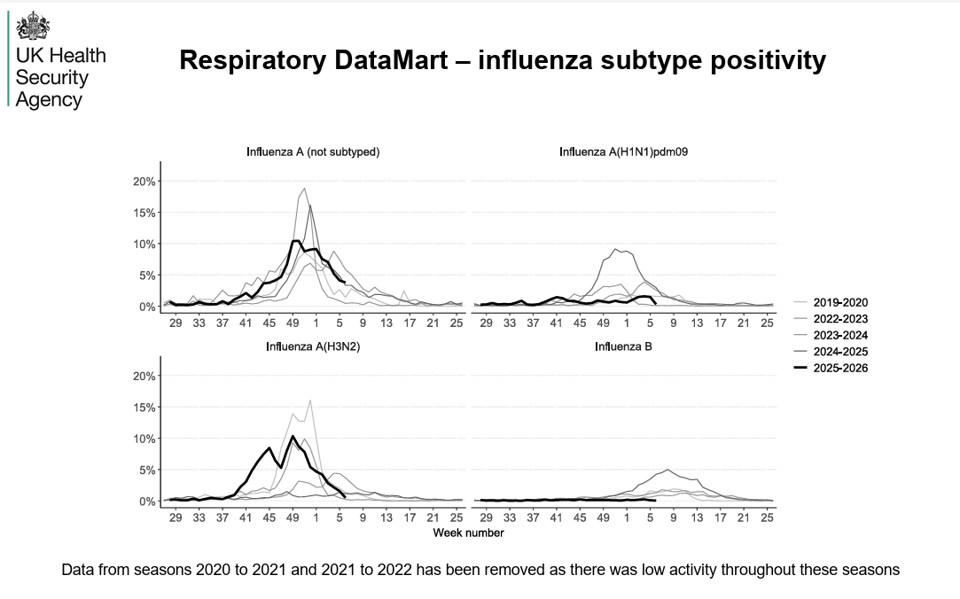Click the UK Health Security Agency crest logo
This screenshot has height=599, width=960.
(x=34, y=27)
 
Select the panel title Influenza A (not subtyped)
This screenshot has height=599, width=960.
(x=313, y=152)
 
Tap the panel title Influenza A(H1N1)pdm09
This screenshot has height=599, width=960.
(x=624, y=152)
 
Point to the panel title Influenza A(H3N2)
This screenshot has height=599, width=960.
(x=313, y=346)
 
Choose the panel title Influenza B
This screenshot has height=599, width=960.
(x=624, y=346)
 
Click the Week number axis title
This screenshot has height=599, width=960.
(x=468, y=533)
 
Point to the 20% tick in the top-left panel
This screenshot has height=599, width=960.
(x=144, y=182)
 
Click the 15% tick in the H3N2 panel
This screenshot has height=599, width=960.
(x=144, y=408)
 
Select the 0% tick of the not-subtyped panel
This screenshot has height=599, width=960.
(x=147, y=307)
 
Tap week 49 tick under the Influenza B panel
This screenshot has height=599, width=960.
(x=603, y=517)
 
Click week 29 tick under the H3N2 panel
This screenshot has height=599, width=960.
(x=176, y=517)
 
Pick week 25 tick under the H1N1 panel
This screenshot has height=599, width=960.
(x=767, y=323)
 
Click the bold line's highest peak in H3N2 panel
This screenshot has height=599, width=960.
(x=293, y=436)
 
